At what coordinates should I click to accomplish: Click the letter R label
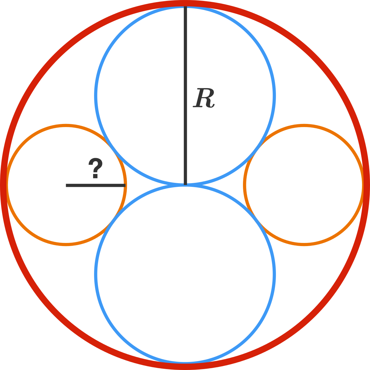point(204,98)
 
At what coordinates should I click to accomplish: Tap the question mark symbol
point(95,168)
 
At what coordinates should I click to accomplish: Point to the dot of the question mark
point(95,176)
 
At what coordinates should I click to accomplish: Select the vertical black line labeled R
point(185,96)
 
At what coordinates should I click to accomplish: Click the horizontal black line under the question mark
point(96,185)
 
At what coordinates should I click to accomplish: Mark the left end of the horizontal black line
point(66,185)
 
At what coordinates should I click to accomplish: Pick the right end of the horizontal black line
point(125,185)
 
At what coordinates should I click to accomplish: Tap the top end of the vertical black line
point(185,6)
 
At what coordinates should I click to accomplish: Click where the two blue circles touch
point(185,185)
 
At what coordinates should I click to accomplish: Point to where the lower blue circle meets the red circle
point(185,363)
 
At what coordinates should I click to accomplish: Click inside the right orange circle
point(304,185)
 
